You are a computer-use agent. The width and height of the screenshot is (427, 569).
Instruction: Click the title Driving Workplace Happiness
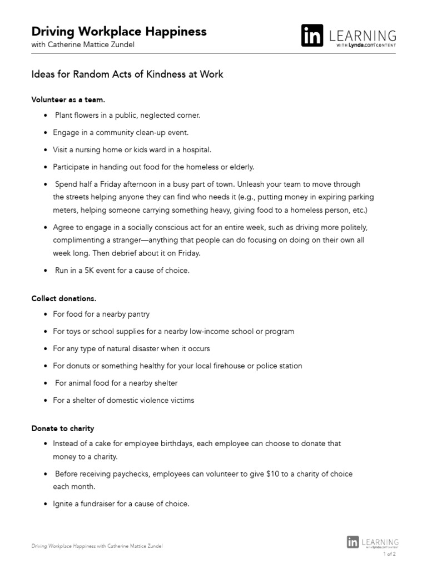tap(118, 31)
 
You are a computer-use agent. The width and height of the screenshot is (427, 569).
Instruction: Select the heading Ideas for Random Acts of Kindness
tap(127, 74)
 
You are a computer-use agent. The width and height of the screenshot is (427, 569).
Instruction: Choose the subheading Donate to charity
tap(63, 428)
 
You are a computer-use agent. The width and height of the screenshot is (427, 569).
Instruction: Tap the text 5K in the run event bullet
tap(86, 271)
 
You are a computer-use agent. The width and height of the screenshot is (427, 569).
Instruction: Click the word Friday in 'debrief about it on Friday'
tap(189, 253)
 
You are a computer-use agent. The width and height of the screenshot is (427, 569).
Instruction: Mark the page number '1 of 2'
tap(389, 553)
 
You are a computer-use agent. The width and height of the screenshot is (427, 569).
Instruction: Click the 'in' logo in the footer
tap(352, 542)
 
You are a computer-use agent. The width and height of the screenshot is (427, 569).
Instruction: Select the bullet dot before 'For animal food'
tap(46, 383)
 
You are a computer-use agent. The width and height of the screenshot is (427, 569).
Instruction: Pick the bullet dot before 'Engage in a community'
tap(46, 133)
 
